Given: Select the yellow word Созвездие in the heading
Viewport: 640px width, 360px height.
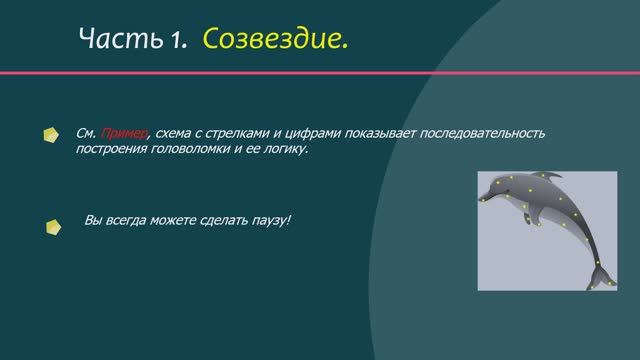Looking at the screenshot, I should coord(276,40).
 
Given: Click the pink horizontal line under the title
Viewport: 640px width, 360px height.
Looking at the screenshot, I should coord(320,73).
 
